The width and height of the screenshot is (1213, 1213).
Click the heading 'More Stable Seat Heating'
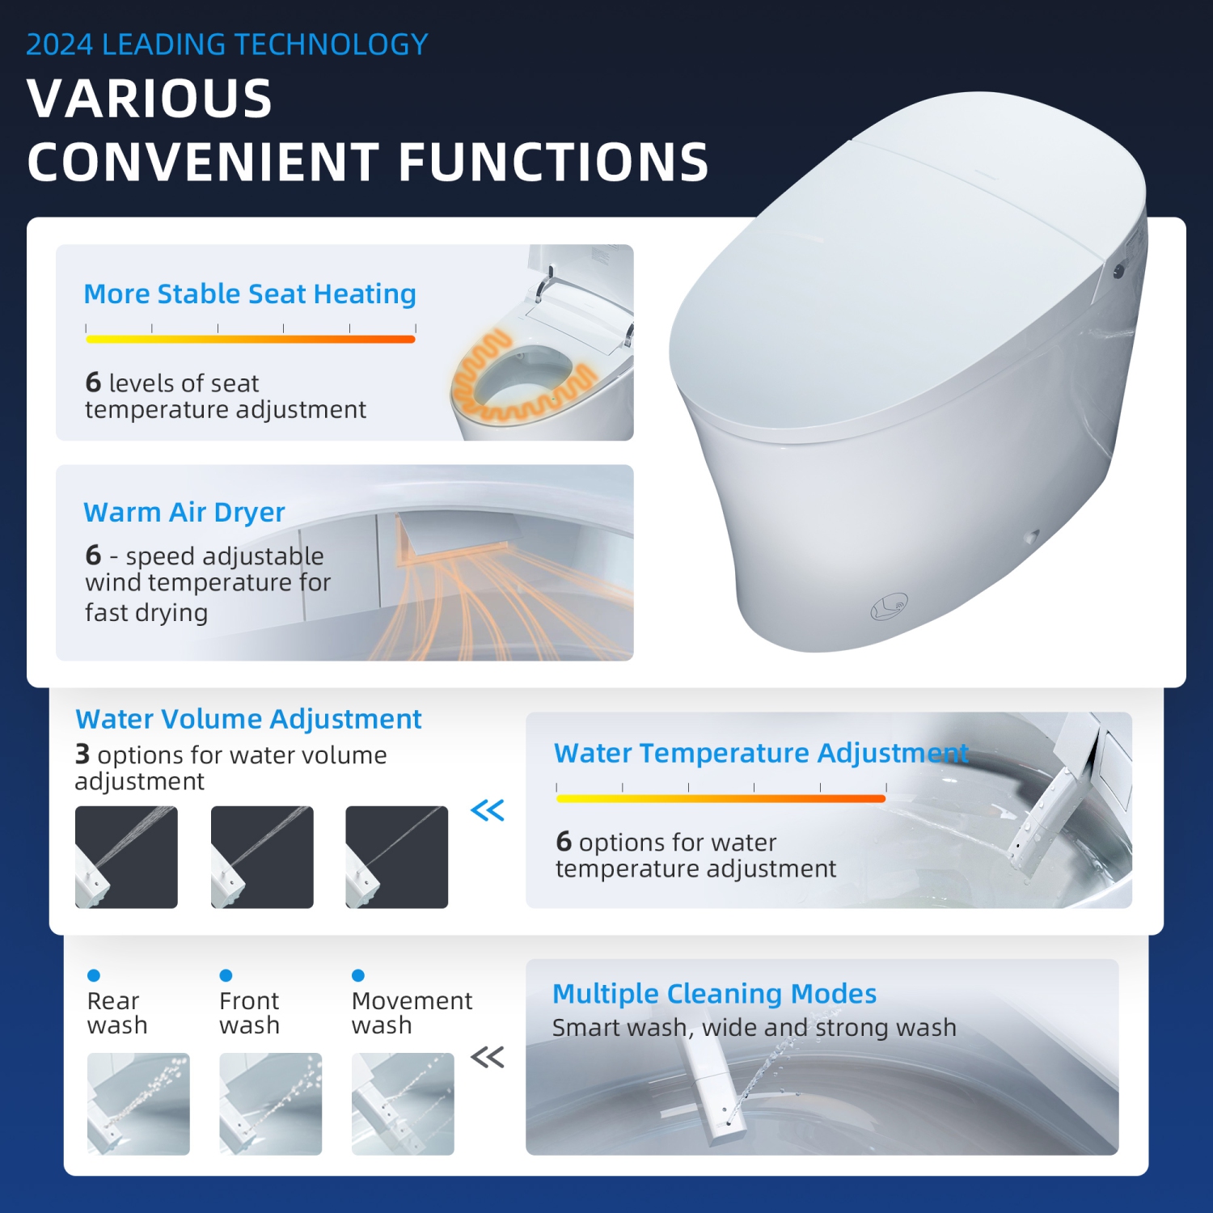[x=250, y=294]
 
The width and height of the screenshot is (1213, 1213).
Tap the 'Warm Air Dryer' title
[x=184, y=513]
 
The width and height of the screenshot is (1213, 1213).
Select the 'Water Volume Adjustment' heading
[x=248, y=719]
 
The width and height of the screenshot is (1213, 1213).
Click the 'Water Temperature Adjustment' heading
[x=760, y=753]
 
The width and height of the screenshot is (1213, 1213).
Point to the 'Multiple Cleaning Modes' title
[x=714, y=993]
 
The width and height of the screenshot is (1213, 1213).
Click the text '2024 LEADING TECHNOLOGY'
[x=226, y=44]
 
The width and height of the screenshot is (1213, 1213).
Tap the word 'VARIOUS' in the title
[x=150, y=99]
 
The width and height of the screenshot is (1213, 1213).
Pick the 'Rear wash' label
[x=117, y=1012]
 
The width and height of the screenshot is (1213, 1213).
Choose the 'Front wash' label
[x=249, y=1012]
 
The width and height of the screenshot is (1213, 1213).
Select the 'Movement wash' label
[x=412, y=1012]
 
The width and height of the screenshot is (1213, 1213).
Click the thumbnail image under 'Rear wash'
[x=138, y=1103]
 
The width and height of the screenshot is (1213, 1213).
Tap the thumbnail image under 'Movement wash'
[x=403, y=1103]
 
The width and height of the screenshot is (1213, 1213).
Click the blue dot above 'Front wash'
[x=226, y=975]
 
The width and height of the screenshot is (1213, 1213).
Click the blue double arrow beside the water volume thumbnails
[x=488, y=809]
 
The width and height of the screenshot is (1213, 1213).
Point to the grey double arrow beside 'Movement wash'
[x=488, y=1056]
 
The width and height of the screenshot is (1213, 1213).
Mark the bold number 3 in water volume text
[x=82, y=754]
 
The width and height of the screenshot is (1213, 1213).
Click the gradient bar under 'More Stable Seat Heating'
[x=250, y=339]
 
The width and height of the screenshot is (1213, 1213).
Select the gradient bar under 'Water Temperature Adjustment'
[x=721, y=798]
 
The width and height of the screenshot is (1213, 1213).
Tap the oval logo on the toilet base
[x=889, y=606]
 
